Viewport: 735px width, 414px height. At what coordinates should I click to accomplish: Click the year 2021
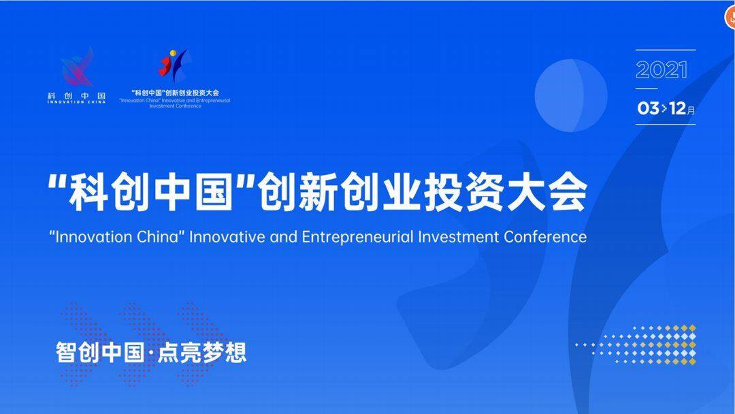(x=661, y=70)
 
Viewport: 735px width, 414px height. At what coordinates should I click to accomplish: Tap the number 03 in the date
(x=648, y=108)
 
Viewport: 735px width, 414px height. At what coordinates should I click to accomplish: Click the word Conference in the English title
(x=545, y=237)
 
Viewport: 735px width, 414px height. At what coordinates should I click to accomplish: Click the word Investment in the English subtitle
(x=459, y=237)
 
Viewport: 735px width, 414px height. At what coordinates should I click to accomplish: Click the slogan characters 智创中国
(x=95, y=352)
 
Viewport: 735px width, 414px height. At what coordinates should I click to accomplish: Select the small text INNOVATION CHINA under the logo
(x=76, y=102)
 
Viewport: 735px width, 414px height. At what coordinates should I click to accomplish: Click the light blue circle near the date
(x=570, y=95)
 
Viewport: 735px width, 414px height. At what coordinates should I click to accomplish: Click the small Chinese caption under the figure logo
(x=175, y=93)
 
